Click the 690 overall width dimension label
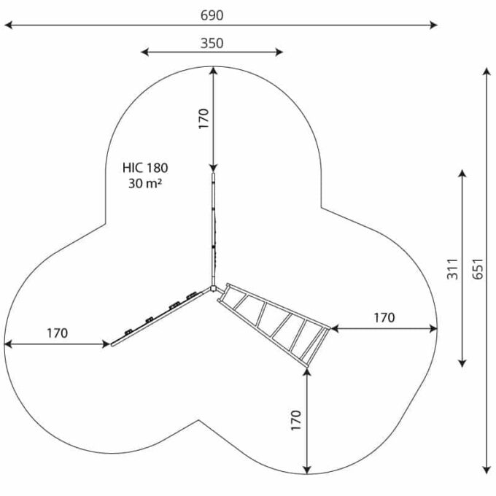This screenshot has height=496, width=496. pyautogui.click(x=212, y=15)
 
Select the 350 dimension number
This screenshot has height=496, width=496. pyautogui.click(x=212, y=43)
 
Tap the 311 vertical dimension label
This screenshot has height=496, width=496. pyautogui.click(x=453, y=269)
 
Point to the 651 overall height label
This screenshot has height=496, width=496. pyautogui.click(x=478, y=269)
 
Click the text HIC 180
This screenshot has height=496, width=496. pyautogui.click(x=145, y=168)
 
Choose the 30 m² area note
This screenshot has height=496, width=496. pyautogui.click(x=145, y=183)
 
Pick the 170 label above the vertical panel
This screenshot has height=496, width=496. pyautogui.click(x=204, y=119)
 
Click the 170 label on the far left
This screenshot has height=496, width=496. pyautogui.click(x=57, y=333)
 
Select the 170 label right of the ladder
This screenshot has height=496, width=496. pyautogui.click(x=384, y=317)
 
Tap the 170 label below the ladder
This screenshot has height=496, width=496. pyautogui.click(x=296, y=420)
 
